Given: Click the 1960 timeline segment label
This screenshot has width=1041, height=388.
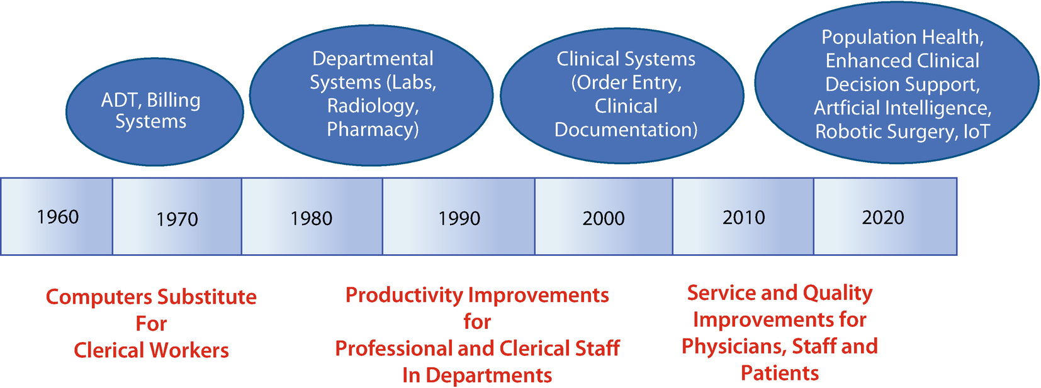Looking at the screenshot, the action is point(58,217).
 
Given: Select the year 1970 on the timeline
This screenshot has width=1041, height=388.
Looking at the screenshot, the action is point(177,219).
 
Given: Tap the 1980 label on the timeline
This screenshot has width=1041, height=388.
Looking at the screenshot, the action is point(312,218).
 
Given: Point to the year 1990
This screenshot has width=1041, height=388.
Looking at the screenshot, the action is point(459,218).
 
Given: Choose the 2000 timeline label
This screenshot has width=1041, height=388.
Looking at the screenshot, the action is point(604,218).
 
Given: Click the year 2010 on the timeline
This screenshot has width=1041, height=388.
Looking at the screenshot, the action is point(743,217).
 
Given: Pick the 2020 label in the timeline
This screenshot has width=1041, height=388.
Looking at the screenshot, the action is point(883,217).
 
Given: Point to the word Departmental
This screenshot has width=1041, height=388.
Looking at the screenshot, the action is point(373,59).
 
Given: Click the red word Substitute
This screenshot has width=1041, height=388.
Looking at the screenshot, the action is point(206,297).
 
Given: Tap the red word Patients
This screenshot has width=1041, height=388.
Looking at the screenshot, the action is point(780,373).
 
